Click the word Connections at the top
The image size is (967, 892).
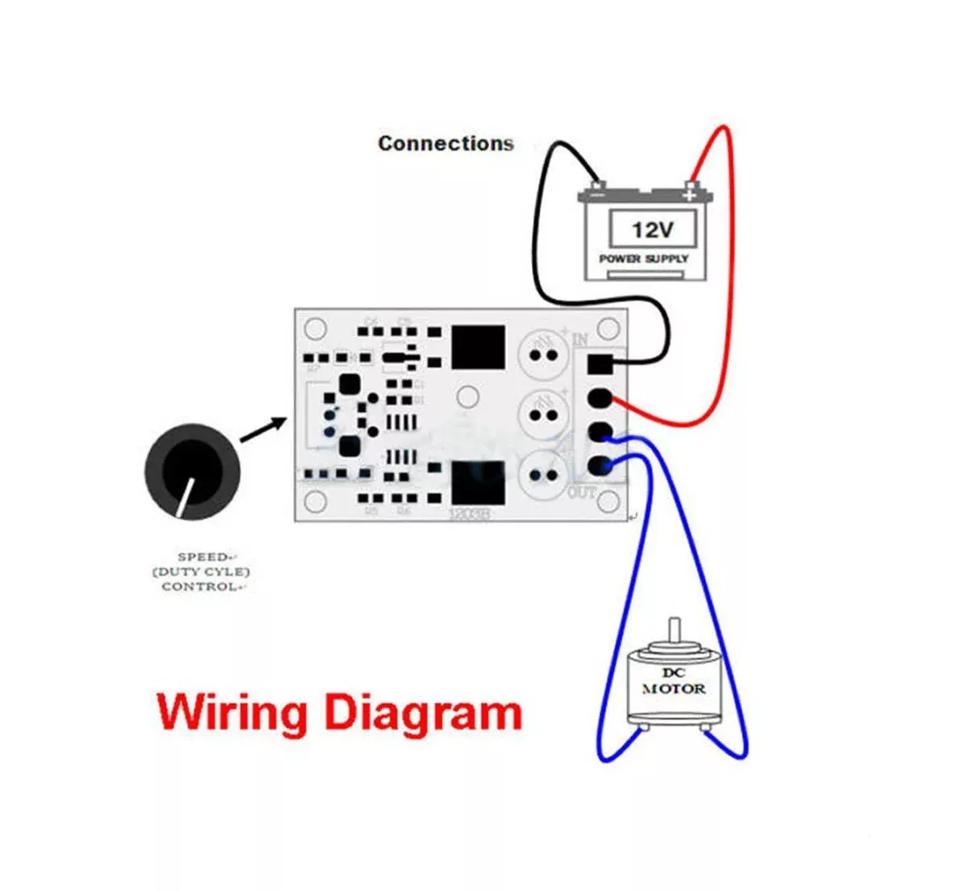point(446,144)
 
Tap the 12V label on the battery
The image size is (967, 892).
point(651,230)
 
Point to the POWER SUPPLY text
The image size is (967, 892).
point(644,259)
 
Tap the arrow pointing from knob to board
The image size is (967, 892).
point(264,429)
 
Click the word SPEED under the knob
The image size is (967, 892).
point(202,557)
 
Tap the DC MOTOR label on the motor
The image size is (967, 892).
point(673,681)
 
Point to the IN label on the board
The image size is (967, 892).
point(580,339)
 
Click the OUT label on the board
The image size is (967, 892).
point(582,492)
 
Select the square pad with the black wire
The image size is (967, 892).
point(600,364)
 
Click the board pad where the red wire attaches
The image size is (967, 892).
point(600,398)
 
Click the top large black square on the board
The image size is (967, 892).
point(478,347)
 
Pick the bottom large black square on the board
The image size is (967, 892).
point(478,483)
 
